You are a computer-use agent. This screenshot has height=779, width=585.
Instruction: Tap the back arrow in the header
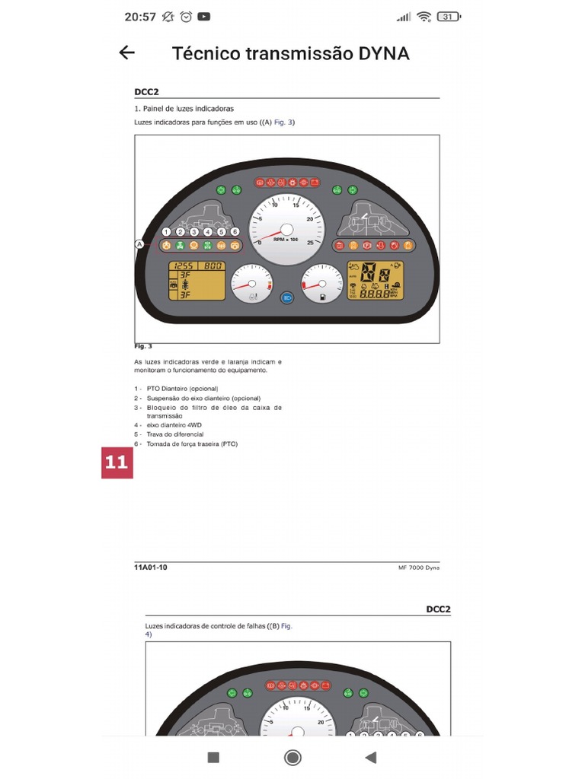[x=127, y=52]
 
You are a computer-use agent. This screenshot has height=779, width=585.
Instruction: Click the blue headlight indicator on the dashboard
[x=288, y=298]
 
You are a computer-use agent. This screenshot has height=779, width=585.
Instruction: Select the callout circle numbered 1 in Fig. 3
[x=166, y=231]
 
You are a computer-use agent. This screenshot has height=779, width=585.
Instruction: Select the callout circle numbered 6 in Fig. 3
[x=235, y=231]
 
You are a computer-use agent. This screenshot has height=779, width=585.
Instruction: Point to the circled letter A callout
[x=139, y=244]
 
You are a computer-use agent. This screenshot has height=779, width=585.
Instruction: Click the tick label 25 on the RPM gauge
[x=308, y=243]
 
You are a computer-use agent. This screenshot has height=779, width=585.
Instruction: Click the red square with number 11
[x=117, y=463]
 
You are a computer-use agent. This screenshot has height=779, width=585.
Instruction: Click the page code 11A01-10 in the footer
[x=151, y=568]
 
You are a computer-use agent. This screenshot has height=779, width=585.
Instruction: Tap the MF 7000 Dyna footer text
[x=418, y=568]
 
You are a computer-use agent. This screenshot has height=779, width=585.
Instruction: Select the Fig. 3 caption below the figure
[x=143, y=346]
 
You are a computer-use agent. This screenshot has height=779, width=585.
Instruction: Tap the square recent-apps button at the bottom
[x=213, y=757]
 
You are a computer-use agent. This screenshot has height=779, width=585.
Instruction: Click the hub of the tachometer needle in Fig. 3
[x=287, y=229]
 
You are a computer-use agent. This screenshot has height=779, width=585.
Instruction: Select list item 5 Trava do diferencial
[x=174, y=434]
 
